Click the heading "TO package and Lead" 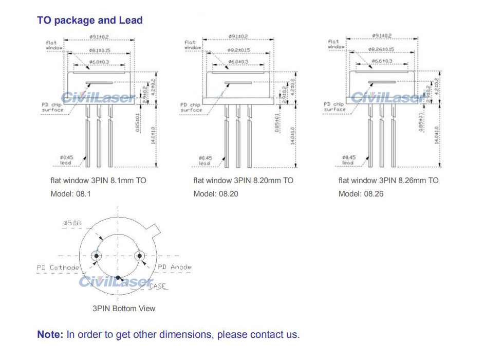pos(90,21)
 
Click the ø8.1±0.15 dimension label pos(99,50)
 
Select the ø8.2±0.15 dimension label pos(238,50)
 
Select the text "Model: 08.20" pos(216,194)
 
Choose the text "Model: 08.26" pos(361,194)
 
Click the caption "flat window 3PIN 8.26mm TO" pos(388,181)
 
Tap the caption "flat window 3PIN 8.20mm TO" pos(244,181)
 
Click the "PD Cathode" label pos(58,267)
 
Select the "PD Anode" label pos(174,267)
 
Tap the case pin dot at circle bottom pos(118,277)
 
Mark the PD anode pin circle pos(139,256)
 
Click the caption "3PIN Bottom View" pos(124,309)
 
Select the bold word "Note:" pos(50,335)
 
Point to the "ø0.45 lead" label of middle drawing pos(204,160)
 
